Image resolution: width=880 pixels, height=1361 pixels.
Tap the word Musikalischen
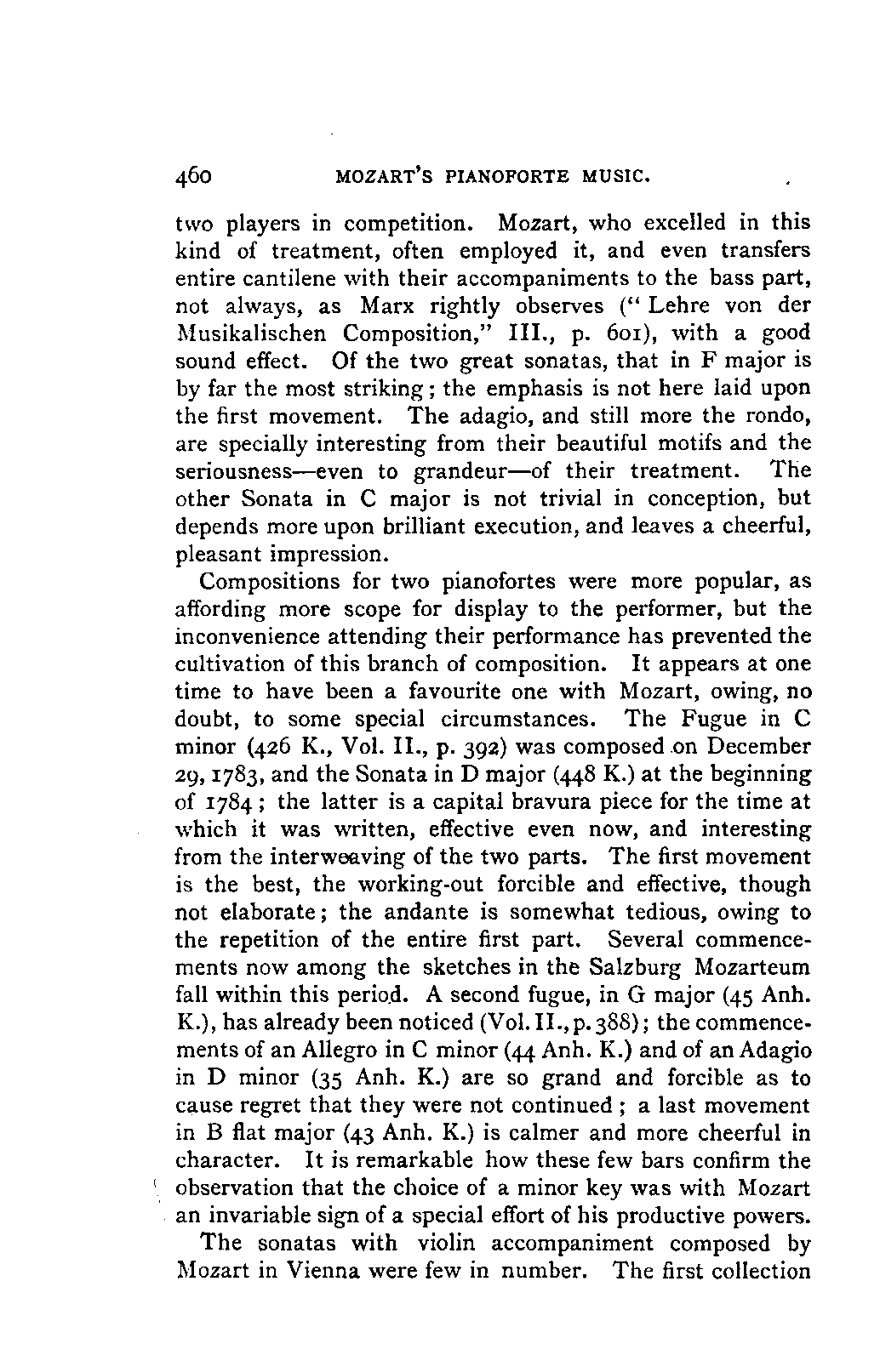click(254, 333)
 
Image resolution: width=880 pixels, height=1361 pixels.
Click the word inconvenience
click(257, 637)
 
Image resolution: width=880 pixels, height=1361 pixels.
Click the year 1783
click(245, 775)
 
